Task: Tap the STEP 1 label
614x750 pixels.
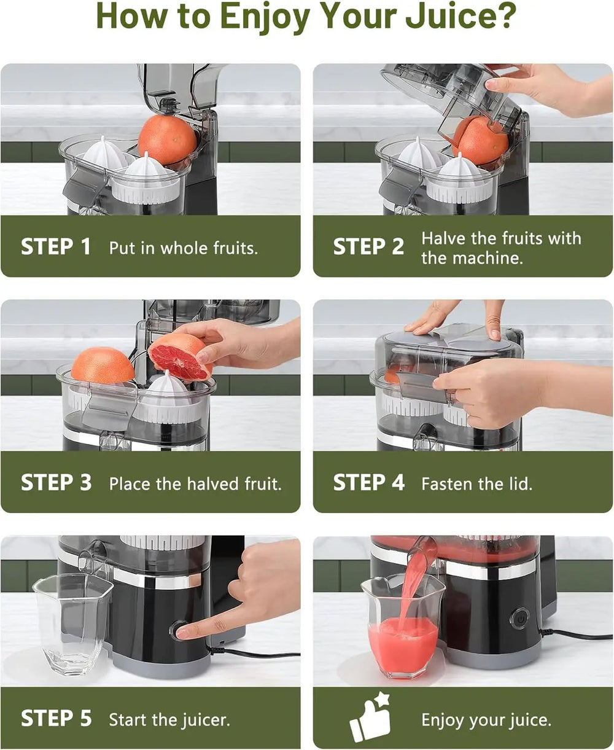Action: point(56,247)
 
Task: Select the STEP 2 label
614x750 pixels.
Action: point(368,247)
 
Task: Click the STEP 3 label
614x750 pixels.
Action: point(56,483)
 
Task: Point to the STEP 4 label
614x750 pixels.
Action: point(368,483)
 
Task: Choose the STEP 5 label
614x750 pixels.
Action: point(56,719)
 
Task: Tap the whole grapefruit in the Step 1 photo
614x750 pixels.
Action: point(167,139)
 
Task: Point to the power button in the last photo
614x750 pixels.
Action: point(519,617)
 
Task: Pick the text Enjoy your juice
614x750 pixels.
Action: point(486,719)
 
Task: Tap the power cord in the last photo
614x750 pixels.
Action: point(577,635)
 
